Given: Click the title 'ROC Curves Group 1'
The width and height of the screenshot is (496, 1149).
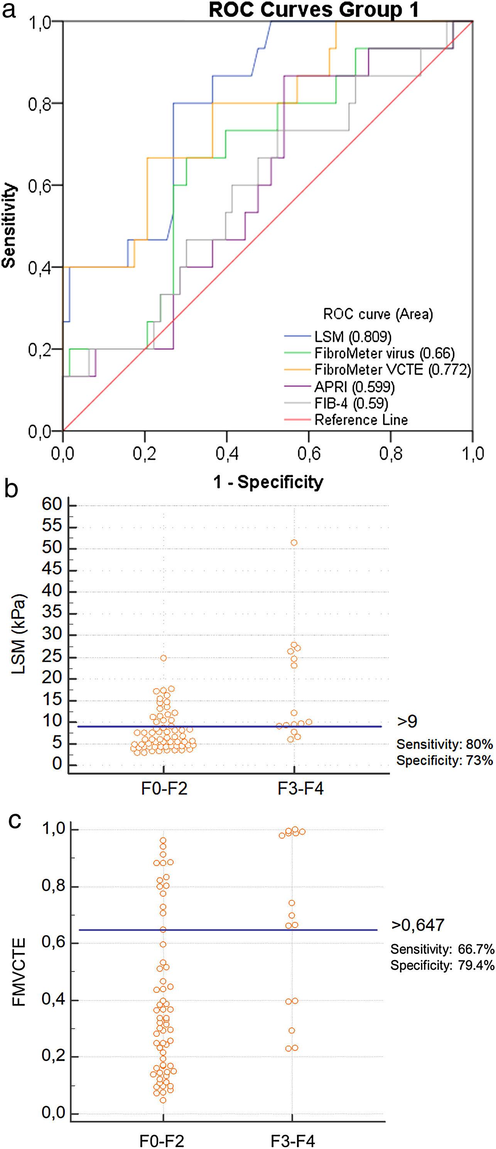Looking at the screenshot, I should click(314, 10).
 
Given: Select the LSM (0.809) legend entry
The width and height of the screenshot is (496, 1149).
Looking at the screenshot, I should click(353, 336).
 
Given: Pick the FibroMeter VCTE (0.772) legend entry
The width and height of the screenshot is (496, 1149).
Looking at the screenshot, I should click(393, 370).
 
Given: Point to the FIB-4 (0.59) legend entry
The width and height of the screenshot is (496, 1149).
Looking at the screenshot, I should click(351, 403).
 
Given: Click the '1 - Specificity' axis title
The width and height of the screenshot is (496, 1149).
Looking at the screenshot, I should click(268, 482).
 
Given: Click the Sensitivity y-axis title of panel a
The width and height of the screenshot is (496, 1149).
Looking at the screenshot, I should click(9, 225).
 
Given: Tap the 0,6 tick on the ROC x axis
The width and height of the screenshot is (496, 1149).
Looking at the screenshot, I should click(309, 453).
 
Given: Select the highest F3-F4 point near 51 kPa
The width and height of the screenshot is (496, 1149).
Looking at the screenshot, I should click(294, 542).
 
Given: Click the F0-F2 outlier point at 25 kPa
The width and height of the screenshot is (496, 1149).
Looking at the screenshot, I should click(163, 658).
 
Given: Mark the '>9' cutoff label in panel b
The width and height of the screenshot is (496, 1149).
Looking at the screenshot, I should click(407, 721).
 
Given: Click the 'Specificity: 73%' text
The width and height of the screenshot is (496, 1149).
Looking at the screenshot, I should click(444, 760).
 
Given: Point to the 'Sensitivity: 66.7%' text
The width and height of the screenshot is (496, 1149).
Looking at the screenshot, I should click(442, 949).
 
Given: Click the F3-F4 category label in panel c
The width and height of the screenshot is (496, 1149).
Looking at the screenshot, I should click(293, 1141).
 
